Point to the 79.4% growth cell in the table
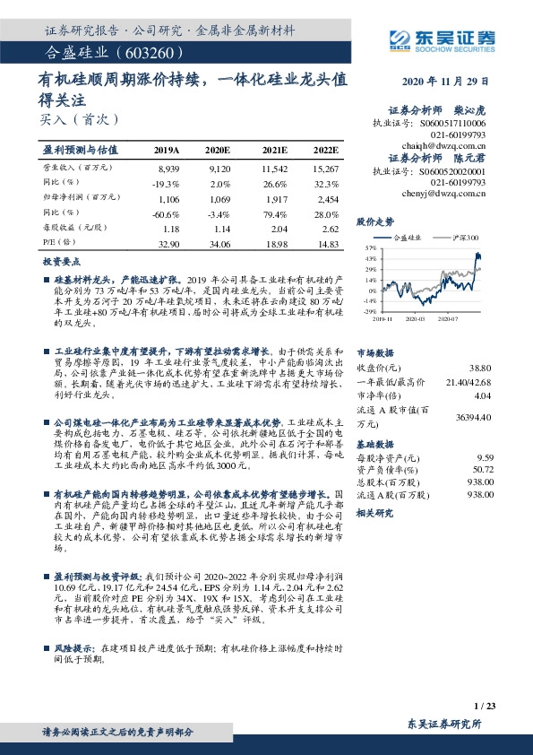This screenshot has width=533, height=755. pos(276,211)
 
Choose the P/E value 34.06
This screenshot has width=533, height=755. pos(219,242)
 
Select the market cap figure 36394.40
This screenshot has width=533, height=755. pos(474,417)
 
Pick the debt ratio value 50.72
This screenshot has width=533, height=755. pos(481,468)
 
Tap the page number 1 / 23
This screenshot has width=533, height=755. pos(484,707)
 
